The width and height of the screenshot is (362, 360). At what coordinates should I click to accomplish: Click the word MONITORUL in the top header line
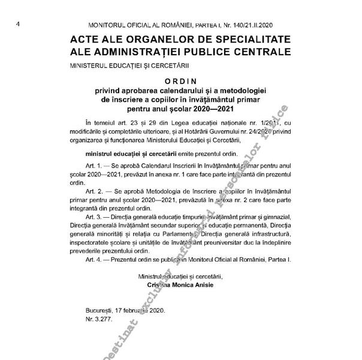tap(110, 26)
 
